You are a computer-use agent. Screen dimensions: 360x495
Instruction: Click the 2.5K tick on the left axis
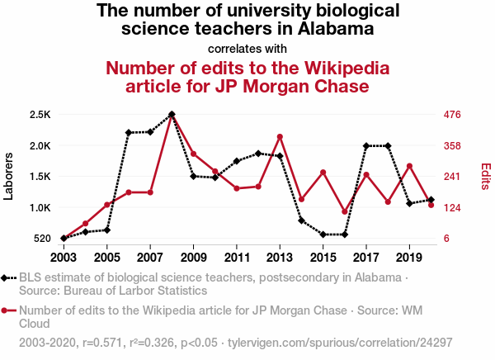pos(39,114)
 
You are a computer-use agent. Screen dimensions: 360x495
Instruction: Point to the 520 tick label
pos(41,239)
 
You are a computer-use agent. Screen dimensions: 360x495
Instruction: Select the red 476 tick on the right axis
pos(452,114)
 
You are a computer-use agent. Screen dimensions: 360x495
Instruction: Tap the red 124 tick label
pos(452,207)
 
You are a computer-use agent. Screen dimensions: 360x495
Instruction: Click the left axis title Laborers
pos(9,176)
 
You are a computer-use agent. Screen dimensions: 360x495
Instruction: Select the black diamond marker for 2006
pos(129,132)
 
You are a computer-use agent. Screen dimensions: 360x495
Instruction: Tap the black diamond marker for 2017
pos(366,145)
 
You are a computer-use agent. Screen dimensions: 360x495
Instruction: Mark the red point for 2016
pos(345,212)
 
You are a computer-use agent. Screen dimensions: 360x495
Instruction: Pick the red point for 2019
pos(409,166)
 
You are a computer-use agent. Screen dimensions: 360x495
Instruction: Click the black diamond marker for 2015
pos(323,234)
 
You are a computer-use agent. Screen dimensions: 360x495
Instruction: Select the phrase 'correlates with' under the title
pos(247,47)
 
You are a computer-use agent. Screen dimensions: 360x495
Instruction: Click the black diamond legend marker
pos(7,278)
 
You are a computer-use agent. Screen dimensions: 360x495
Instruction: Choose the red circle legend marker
pos(7,311)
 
